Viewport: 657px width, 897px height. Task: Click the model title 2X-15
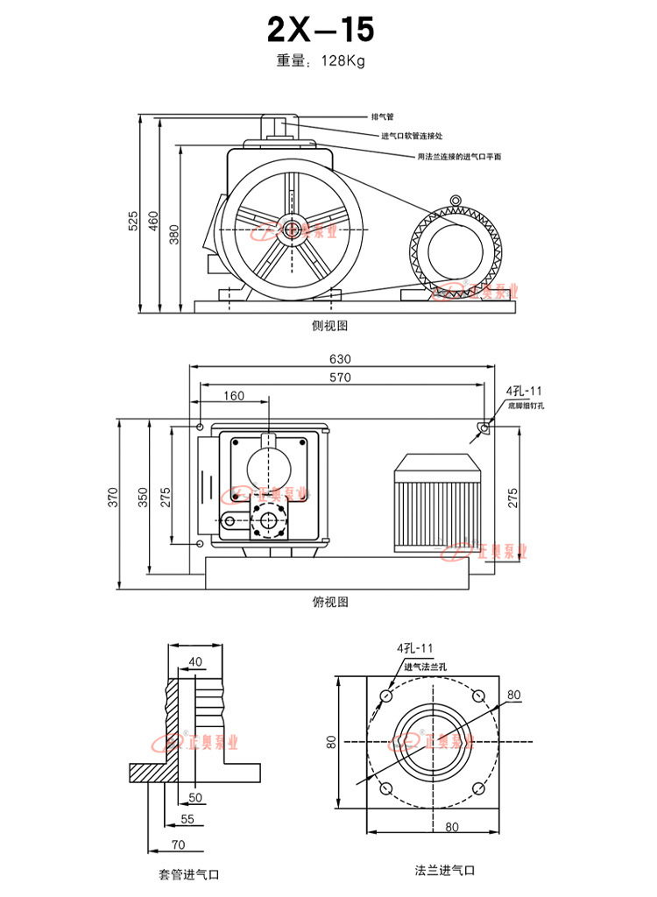pyautogui.click(x=321, y=31)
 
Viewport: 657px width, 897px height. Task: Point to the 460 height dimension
pyautogui.click(x=152, y=221)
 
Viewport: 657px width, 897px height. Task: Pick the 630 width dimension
pyautogui.click(x=340, y=359)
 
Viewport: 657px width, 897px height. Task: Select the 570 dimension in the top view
pyautogui.click(x=340, y=378)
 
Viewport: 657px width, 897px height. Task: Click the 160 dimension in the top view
pyautogui.click(x=234, y=395)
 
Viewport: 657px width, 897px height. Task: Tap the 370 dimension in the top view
pyautogui.click(x=112, y=498)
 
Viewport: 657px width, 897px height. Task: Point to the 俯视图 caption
pyautogui.click(x=330, y=602)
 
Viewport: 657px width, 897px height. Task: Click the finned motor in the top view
pyautogui.click(x=433, y=504)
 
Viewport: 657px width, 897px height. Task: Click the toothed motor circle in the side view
pyautogui.click(x=454, y=250)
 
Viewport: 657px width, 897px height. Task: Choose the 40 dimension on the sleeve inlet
pyautogui.click(x=194, y=661)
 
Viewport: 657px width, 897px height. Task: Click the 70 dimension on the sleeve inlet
pyautogui.click(x=179, y=844)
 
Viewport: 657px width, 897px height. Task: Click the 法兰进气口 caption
pyautogui.click(x=444, y=871)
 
